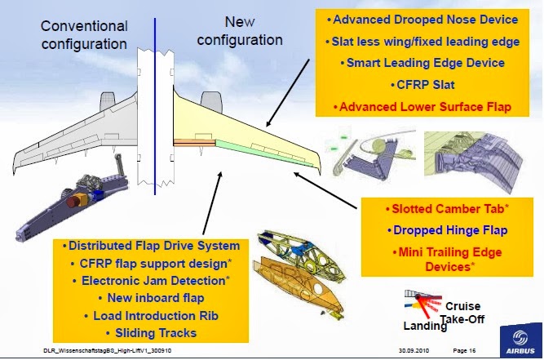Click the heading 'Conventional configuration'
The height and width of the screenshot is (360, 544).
84,33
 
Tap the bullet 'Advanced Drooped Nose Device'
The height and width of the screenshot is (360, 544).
423,19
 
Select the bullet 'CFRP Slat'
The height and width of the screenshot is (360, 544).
423,84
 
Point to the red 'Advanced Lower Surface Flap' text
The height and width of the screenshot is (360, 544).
423,106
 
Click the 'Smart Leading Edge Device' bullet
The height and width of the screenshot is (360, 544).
423,63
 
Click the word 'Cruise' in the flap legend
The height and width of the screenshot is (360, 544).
462,306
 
